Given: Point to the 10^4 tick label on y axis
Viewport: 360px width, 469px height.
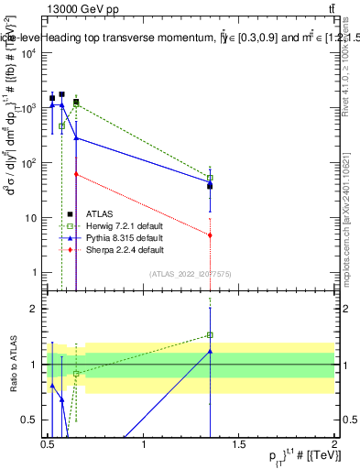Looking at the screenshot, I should (29, 53).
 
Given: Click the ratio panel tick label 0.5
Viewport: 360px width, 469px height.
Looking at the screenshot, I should (33, 420).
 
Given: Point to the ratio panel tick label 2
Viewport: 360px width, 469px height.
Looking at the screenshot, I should (38, 309).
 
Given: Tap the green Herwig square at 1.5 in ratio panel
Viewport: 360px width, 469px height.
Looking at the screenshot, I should (211, 335).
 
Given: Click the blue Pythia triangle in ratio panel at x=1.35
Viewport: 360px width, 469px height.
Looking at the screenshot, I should (211, 351).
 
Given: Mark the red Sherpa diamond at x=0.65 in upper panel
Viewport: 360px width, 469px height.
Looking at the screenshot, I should (76, 174).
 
